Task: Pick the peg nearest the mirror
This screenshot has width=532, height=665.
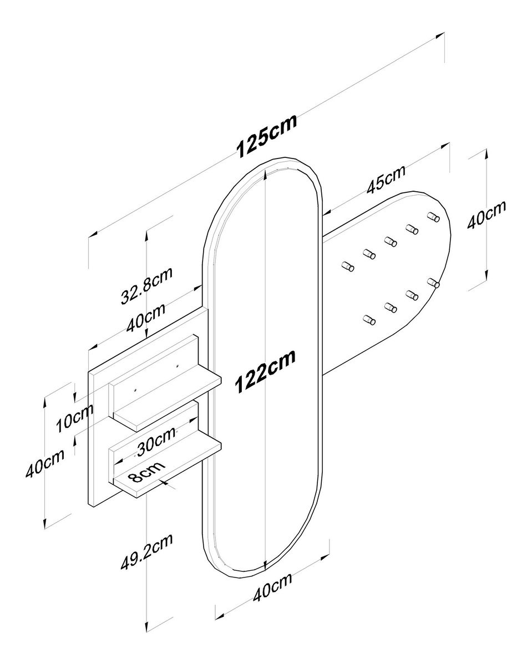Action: tap(348, 267)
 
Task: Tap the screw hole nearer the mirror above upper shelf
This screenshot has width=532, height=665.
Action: tap(177, 366)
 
